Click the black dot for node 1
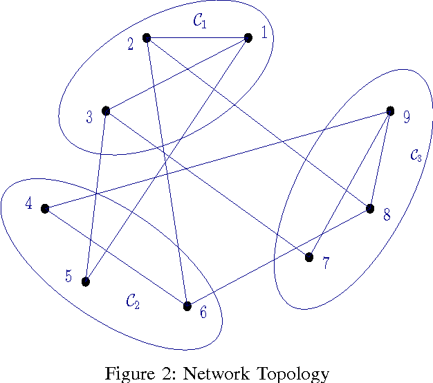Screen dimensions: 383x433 coord(248,38)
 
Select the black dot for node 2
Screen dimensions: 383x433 coord(147,38)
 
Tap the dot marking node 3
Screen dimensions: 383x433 coord(106,111)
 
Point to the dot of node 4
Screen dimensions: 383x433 coord(45,208)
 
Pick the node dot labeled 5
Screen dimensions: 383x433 coord(86,281)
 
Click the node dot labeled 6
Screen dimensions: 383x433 coord(187,306)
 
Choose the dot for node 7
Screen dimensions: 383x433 coord(309,257)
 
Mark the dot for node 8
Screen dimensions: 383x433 coord(370,209)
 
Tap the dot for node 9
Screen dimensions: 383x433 coord(390,111)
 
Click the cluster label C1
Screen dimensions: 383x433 coord(200,21)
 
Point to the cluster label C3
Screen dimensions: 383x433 coord(416,156)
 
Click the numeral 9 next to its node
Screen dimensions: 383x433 coord(407,117)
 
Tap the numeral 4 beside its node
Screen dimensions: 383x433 coord(28,204)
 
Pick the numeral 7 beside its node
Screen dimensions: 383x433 coord(326,264)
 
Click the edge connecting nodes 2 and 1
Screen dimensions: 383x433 coord(197,38)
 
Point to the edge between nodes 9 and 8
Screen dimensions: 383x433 coord(380,159)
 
